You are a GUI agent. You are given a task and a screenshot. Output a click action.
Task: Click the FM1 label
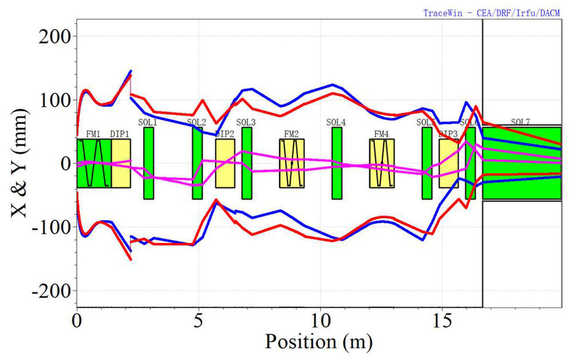[93, 134]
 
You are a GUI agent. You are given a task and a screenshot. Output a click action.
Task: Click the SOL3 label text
[246, 122]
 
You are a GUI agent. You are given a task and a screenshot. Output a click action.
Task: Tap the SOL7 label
[520, 122]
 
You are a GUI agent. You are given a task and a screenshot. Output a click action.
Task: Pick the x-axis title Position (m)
[318, 342]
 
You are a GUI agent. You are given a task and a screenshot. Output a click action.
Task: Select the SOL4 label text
[336, 122]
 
